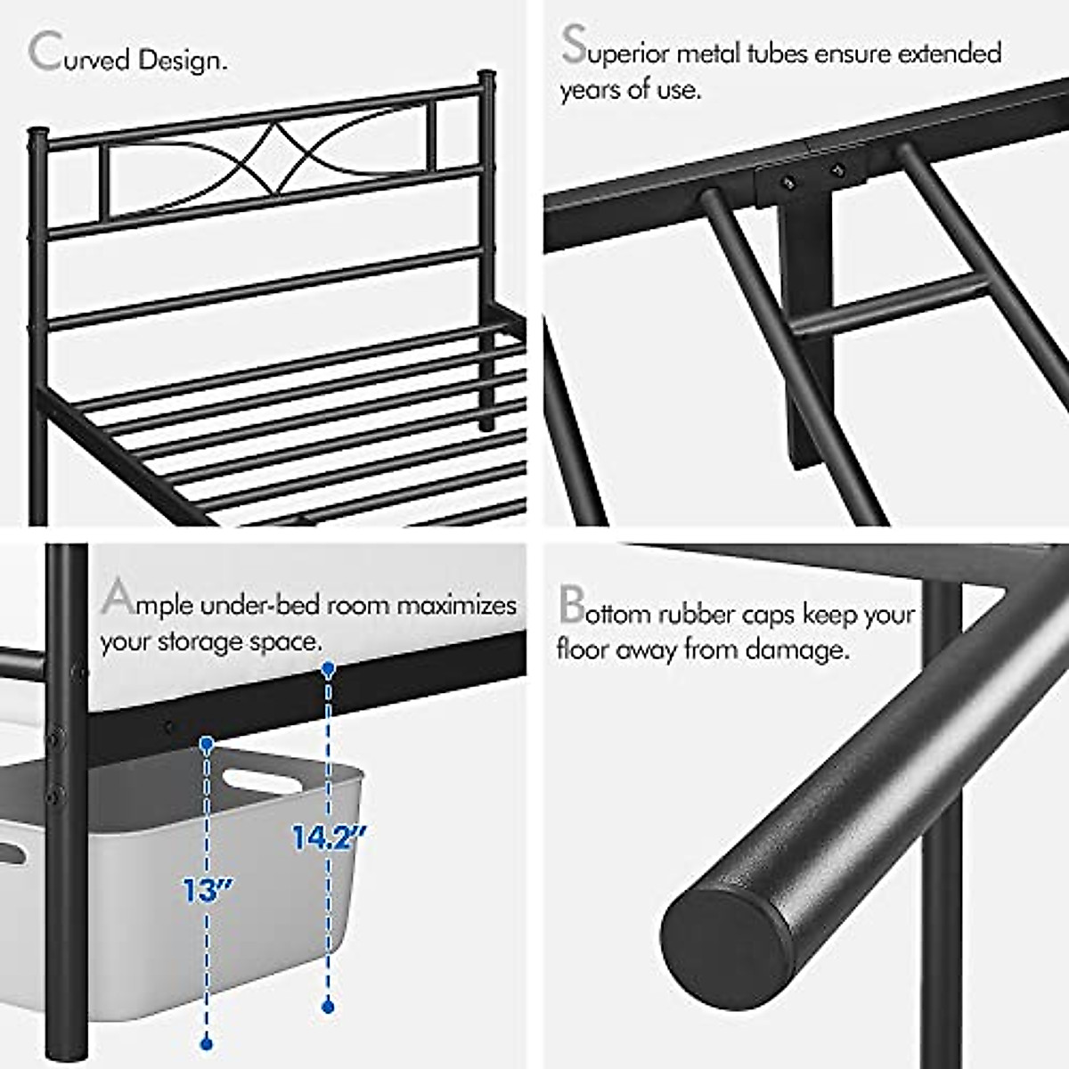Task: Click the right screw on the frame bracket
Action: [x=836, y=169]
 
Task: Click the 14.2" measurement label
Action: [x=329, y=836]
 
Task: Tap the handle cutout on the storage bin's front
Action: [x=261, y=782]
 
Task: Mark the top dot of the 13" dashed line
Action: [x=208, y=742]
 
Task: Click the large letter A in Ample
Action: [x=118, y=598]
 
